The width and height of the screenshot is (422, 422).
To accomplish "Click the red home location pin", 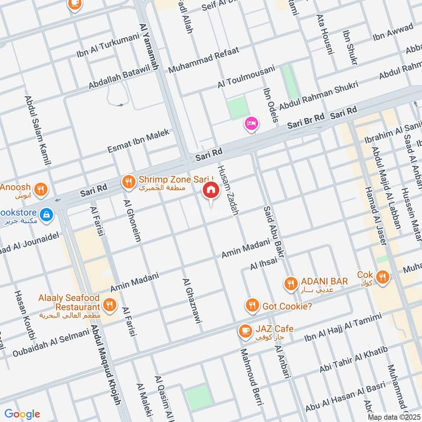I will (x=211, y=190).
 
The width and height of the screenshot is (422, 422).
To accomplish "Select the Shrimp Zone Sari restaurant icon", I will (x=128, y=183).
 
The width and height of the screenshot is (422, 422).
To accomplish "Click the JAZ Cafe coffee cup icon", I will (x=245, y=330).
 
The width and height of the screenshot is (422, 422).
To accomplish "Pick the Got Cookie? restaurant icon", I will (x=252, y=305).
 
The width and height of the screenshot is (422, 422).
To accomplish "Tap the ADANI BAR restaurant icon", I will (x=290, y=284).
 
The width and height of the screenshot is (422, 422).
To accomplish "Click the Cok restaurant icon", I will (x=383, y=276).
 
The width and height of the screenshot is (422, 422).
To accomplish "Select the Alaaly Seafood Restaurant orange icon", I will (x=110, y=304).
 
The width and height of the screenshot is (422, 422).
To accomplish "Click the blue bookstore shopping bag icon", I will (x=47, y=215).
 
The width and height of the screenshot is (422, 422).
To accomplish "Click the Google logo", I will (x=22, y=414).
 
